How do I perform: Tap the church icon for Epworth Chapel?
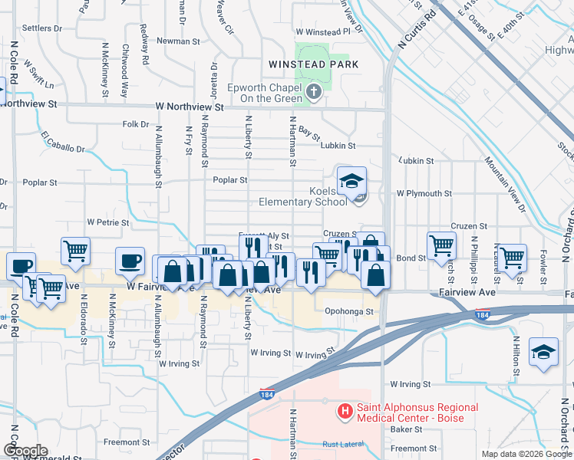313,93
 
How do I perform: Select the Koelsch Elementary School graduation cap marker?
351,182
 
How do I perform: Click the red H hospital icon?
345,412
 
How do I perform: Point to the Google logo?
25,450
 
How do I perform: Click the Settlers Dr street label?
42,28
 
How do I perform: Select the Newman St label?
178,41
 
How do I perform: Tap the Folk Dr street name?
135,123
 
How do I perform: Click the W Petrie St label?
107,222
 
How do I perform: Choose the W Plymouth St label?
424,194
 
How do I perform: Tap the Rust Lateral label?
342,444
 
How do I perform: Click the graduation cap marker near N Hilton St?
543,352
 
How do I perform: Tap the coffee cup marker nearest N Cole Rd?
21,265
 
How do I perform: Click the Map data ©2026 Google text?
525,454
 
